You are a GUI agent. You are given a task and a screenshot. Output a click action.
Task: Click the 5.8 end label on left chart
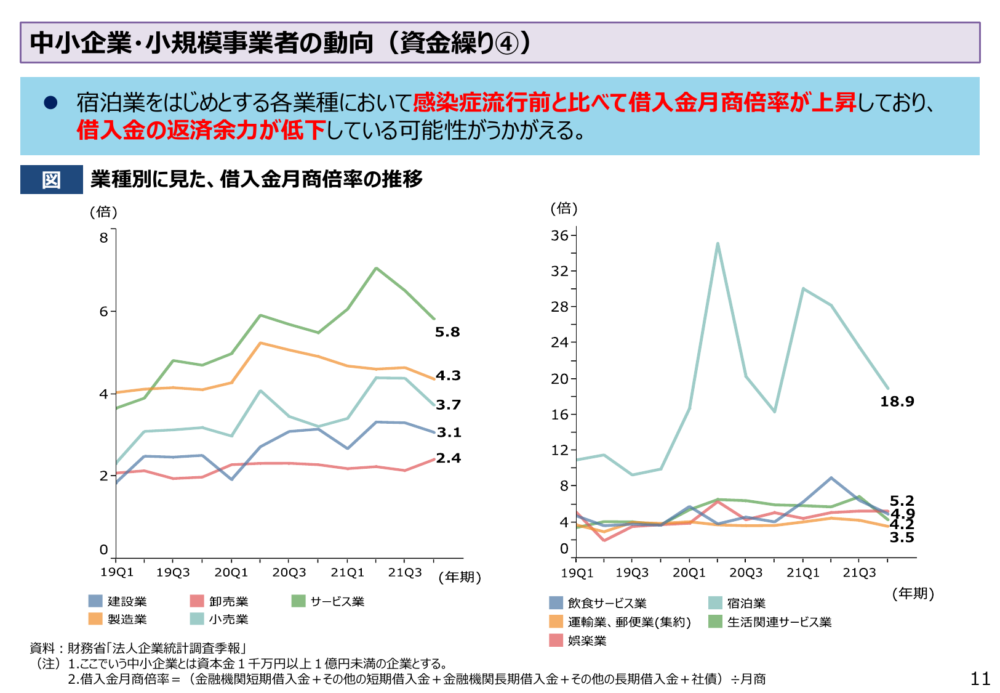[447, 332]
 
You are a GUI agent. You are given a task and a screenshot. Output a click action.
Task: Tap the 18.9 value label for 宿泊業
[897, 402]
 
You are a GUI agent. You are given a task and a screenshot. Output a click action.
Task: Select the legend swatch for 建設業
[95, 601]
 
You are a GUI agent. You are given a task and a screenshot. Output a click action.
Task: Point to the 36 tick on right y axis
[559, 235]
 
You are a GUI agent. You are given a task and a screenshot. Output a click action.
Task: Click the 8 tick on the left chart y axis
[103, 238]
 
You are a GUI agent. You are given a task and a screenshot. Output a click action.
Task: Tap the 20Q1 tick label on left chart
[231, 572]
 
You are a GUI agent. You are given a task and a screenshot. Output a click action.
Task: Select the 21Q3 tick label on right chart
[859, 573]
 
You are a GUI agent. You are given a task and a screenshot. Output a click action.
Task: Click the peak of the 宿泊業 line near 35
[718, 244]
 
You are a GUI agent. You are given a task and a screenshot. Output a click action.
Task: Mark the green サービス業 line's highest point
[376, 268]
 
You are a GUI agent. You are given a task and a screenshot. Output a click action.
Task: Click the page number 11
[980, 678]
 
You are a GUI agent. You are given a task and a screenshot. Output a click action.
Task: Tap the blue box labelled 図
[52, 180]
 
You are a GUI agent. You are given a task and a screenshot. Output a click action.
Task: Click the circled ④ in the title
[506, 43]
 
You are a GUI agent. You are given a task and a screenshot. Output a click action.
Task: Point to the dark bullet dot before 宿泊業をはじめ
[50, 103]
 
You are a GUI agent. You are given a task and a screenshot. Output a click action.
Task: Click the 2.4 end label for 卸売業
[448, 458]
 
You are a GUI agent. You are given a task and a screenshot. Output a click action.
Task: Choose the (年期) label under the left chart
[459, 577]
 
